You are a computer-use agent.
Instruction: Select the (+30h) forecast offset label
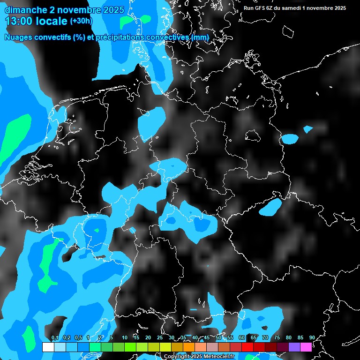pyautogui.click(x=81, y=21)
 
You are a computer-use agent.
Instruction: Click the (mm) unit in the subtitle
pyautogui.click(x=199, y=37)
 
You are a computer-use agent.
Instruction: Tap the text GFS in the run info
pyautogui.click(x=262, y=8)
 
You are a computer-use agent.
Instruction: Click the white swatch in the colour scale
pyautogui.click(x=48, y=347)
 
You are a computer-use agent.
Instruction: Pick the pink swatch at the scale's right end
pyautogui.click(x=306, y=347)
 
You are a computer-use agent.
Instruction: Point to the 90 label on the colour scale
pyautogui.click(x=312, y=337)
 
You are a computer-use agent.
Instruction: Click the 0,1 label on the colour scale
pyautogui.click(x=54, y=337)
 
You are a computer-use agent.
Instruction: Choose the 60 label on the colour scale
pyautogui.click(x=242, y=337)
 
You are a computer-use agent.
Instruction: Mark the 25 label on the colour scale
pyautogui.click(x=160, y=337)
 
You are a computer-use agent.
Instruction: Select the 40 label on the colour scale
pyautogui.click(x=195, y=337)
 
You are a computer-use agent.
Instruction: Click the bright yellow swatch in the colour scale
pyautogui.click(x=165, y=347)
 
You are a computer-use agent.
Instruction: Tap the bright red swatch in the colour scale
pyautogui.click(x=247, y=347)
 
